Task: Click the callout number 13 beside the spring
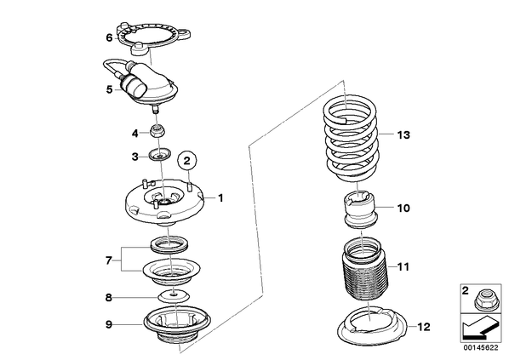[403, 134]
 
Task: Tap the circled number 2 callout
[187, 160]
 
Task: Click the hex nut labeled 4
[157, 131]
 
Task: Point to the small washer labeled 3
[160, 154]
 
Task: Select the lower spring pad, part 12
[372, 328]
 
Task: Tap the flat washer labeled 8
[174, 295]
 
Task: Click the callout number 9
[109, 324]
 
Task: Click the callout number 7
[108, 260]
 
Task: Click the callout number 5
[110, 89]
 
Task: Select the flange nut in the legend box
[482, 300]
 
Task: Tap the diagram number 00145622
[480, 348]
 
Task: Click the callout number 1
[220, 197]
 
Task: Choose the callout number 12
[424, 327]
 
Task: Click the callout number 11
[403, 267]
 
